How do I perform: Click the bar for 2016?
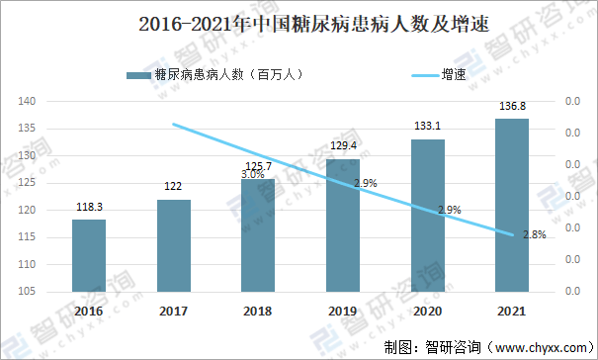89,255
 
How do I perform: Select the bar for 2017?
174,245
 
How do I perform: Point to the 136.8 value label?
512,107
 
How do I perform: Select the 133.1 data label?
428,127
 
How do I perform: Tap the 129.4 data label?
343,146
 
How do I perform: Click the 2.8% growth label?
534,233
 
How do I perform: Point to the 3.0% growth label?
253,174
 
